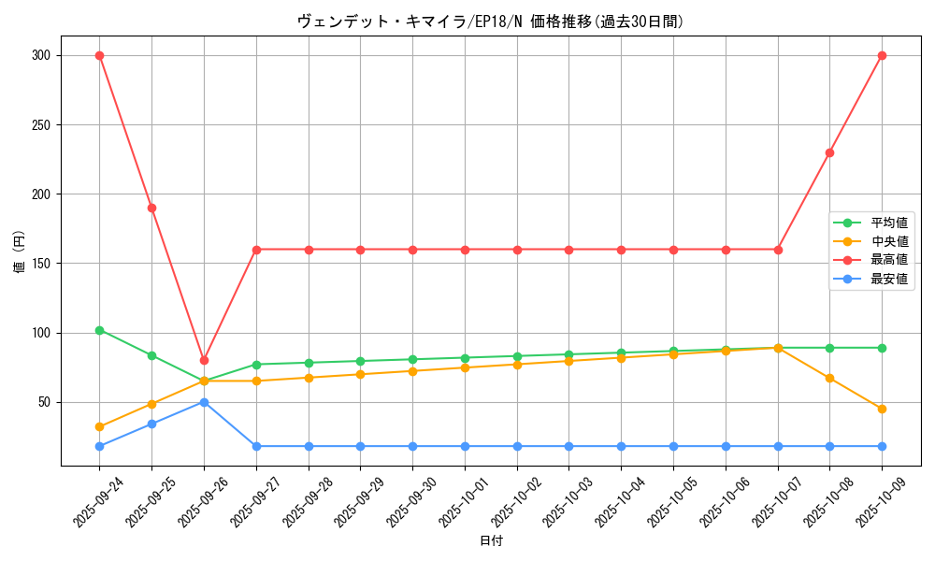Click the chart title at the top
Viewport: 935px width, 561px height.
(491, 22)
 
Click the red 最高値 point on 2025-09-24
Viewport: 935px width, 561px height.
(99, 55)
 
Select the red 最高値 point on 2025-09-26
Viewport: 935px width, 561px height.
(204, 360)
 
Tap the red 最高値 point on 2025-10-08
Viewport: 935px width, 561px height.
(829, 152)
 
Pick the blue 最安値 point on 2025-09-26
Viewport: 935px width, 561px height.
(204, 402)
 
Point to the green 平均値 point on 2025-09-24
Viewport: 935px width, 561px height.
(99, 330)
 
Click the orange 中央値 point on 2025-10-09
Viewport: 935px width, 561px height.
(882, 409)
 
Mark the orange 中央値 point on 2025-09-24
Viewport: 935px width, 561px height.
(99, 426)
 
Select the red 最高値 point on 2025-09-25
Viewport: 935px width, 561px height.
(151, 208)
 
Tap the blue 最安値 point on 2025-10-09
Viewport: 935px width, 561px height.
(882, 446)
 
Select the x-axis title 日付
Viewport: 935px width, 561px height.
(491, 541)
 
